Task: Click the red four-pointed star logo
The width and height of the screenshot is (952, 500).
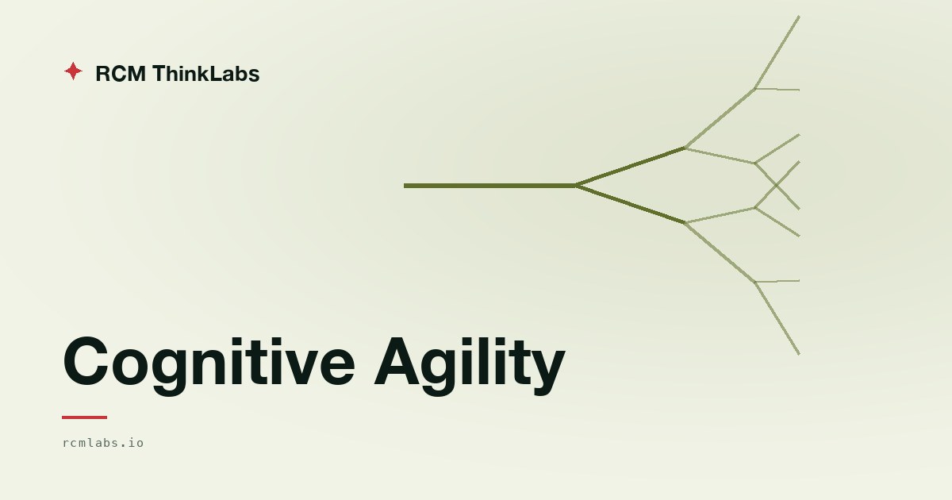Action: [x=73, y=71]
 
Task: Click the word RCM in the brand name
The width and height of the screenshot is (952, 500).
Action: [x=121, y=74]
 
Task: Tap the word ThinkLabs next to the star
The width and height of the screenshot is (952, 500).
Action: [x=205, y=73]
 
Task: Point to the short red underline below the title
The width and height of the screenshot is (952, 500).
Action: [x=84, y=417]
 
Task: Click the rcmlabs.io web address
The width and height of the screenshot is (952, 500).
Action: [x=103, y=443]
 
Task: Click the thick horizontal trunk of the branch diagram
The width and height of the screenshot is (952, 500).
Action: [x=490, y=186]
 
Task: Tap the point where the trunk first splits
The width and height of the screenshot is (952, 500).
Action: [x=577, y=186]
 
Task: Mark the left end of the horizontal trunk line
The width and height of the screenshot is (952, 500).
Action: [x=404, y=186]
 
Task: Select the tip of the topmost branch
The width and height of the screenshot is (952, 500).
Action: [x=800, y=17]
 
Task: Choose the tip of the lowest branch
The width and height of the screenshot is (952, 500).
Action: [x=800, y=354]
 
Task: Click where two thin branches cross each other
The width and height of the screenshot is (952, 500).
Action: [x=777, y=186]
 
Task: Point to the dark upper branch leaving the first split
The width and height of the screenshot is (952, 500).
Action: [x=631, y=167]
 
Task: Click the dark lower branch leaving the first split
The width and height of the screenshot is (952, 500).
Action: [x=631, y=205]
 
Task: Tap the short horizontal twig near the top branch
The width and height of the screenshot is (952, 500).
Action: [x=777, y=89]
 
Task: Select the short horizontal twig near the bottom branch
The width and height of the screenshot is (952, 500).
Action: [x=777, y=281]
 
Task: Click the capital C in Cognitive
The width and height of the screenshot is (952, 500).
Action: [x=86, y=361]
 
